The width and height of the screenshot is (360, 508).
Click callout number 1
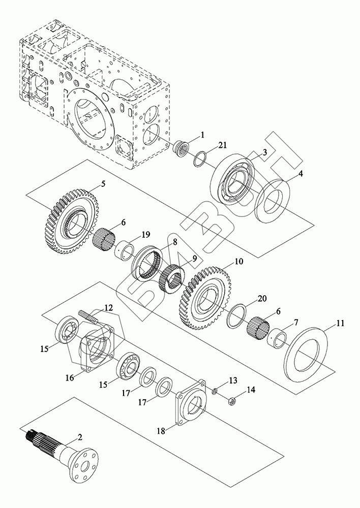pos(202,135)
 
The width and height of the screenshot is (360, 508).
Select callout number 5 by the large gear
pos(103,184)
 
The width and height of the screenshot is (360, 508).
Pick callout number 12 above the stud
pos(109,308)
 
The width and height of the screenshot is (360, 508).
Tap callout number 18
pos(161,431)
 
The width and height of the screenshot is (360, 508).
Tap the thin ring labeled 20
pos(237,315)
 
